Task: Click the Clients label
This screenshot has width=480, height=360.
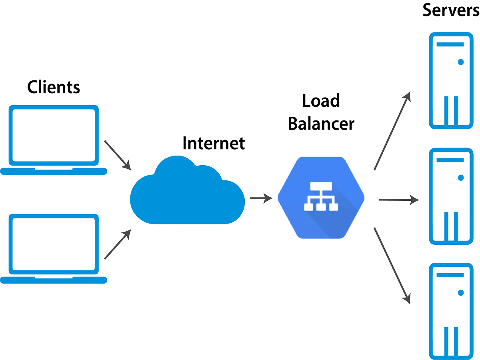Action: (54, 87)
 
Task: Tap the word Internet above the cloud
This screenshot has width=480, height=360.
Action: (214, 143)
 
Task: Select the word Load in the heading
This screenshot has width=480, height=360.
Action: (321, 101)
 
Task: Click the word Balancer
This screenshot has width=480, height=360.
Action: (321, 124)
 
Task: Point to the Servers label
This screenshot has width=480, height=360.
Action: (451, 10)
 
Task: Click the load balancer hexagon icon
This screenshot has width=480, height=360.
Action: (321, 198)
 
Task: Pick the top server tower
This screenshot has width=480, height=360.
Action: (451, 80)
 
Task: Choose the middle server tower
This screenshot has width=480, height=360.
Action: (451, 196)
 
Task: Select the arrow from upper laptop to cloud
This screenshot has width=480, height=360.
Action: (118, 154)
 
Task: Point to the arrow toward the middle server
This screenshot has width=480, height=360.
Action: (398, 200)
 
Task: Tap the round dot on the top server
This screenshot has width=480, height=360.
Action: (461, 62)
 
